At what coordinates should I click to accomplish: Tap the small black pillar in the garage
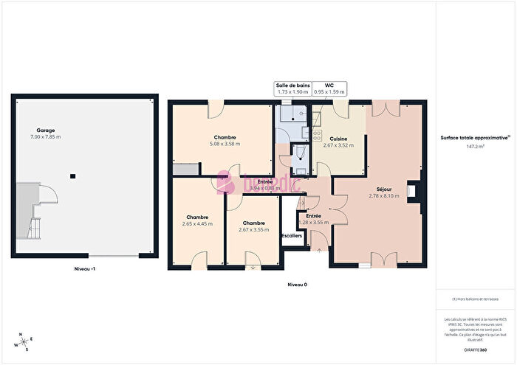pos(72,175)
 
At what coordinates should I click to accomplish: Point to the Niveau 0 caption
pos(297,284)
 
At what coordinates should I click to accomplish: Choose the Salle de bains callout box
pos(292,88)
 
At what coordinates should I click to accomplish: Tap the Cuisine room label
pos(339,139)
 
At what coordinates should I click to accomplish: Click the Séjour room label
pos(383,189)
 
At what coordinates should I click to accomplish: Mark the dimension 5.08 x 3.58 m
pos(225,145)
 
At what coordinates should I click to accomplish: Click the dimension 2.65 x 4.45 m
pos(197,223)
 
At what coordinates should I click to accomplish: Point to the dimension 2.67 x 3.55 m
pos(253,229)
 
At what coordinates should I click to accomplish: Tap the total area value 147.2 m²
pos(474,147)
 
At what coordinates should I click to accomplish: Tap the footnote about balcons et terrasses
pos(475,299)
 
